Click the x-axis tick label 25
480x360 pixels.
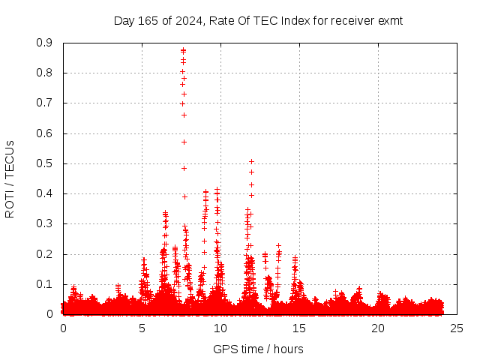click(x=457, y=328)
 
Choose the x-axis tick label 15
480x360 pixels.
click(x=299, y=328)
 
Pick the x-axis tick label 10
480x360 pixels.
click(x=220, y=328)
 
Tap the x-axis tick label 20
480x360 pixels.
click(x=378, y=328)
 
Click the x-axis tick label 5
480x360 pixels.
click(x=142, y=328)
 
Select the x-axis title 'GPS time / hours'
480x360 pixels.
click(x=258, y=349)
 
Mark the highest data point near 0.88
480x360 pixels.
click(x=183, y=50)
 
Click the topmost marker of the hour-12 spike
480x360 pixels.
click(x=252, y=161)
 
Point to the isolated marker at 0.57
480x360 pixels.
click(x=184, y=142)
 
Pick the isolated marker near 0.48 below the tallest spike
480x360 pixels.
click(x=184, y=168)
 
